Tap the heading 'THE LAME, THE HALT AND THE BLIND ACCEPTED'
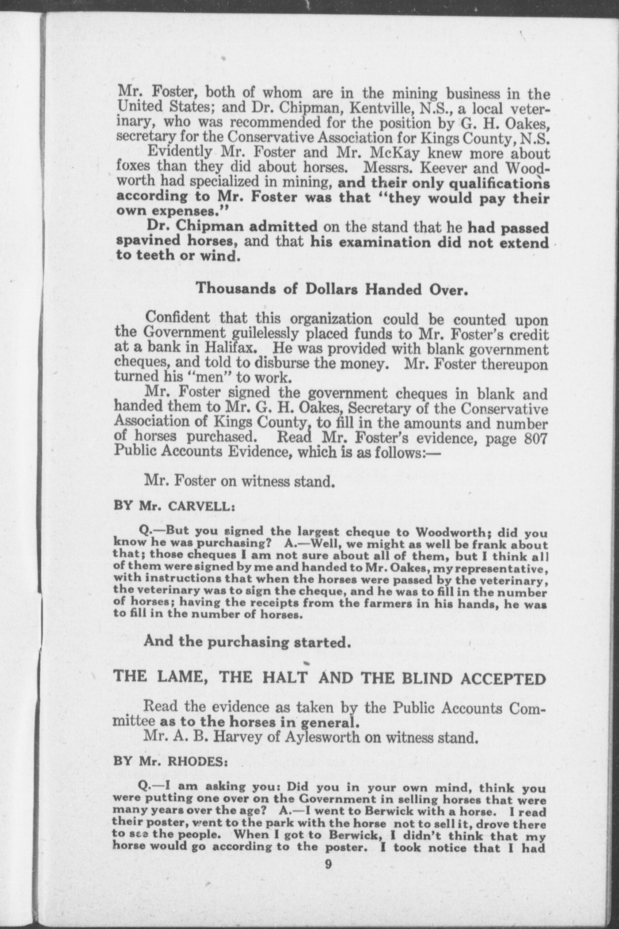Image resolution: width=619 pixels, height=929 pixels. click(x=330, y=678)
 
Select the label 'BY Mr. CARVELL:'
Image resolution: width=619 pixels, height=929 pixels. click(x=175, y=505)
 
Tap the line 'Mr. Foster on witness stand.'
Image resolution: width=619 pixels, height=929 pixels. click(x=239, y=482)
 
